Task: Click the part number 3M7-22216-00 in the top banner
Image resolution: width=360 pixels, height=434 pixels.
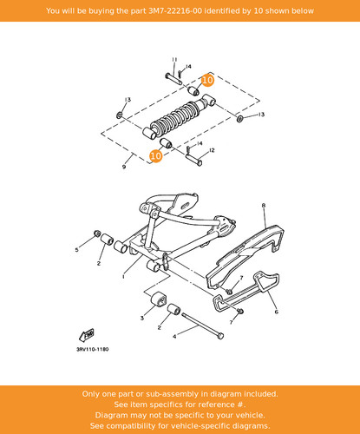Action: click(x=175, y=11)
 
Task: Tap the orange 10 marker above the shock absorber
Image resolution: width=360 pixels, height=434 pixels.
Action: click(x=207, y=80)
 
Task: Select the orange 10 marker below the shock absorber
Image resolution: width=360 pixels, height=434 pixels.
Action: click(x=155, y=156)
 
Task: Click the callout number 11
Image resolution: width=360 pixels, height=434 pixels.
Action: click(x=174, y=60)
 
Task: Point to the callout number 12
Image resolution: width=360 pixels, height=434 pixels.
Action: click(x=212, y=150)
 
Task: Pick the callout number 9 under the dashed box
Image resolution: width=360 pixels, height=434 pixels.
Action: click(x=124, y=167)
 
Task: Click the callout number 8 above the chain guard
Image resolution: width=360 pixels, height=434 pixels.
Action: click(x=264, y=206)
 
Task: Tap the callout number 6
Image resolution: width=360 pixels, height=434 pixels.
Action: click(x=277, y=312)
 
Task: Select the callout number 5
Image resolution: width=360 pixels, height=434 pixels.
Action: click(x=76, y=249)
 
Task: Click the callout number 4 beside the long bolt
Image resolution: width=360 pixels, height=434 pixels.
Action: click(x=174, y=337)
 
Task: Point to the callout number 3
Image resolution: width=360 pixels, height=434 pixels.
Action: click(x=142, y=318)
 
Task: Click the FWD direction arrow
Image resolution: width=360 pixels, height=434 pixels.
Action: click(x=87, y=335)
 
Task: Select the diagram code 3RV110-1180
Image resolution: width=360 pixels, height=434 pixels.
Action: click(x=93, y=349)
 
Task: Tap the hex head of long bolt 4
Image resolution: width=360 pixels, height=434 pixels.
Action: click(x=220, y=336)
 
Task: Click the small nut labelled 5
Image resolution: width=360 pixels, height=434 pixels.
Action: click(x=97, y=233)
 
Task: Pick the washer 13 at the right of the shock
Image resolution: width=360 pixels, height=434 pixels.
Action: click(x=239, y=118)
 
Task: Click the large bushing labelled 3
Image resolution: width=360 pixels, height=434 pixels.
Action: click(x=158, y=299)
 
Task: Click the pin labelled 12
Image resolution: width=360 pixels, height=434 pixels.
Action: click(x=193, y=160)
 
